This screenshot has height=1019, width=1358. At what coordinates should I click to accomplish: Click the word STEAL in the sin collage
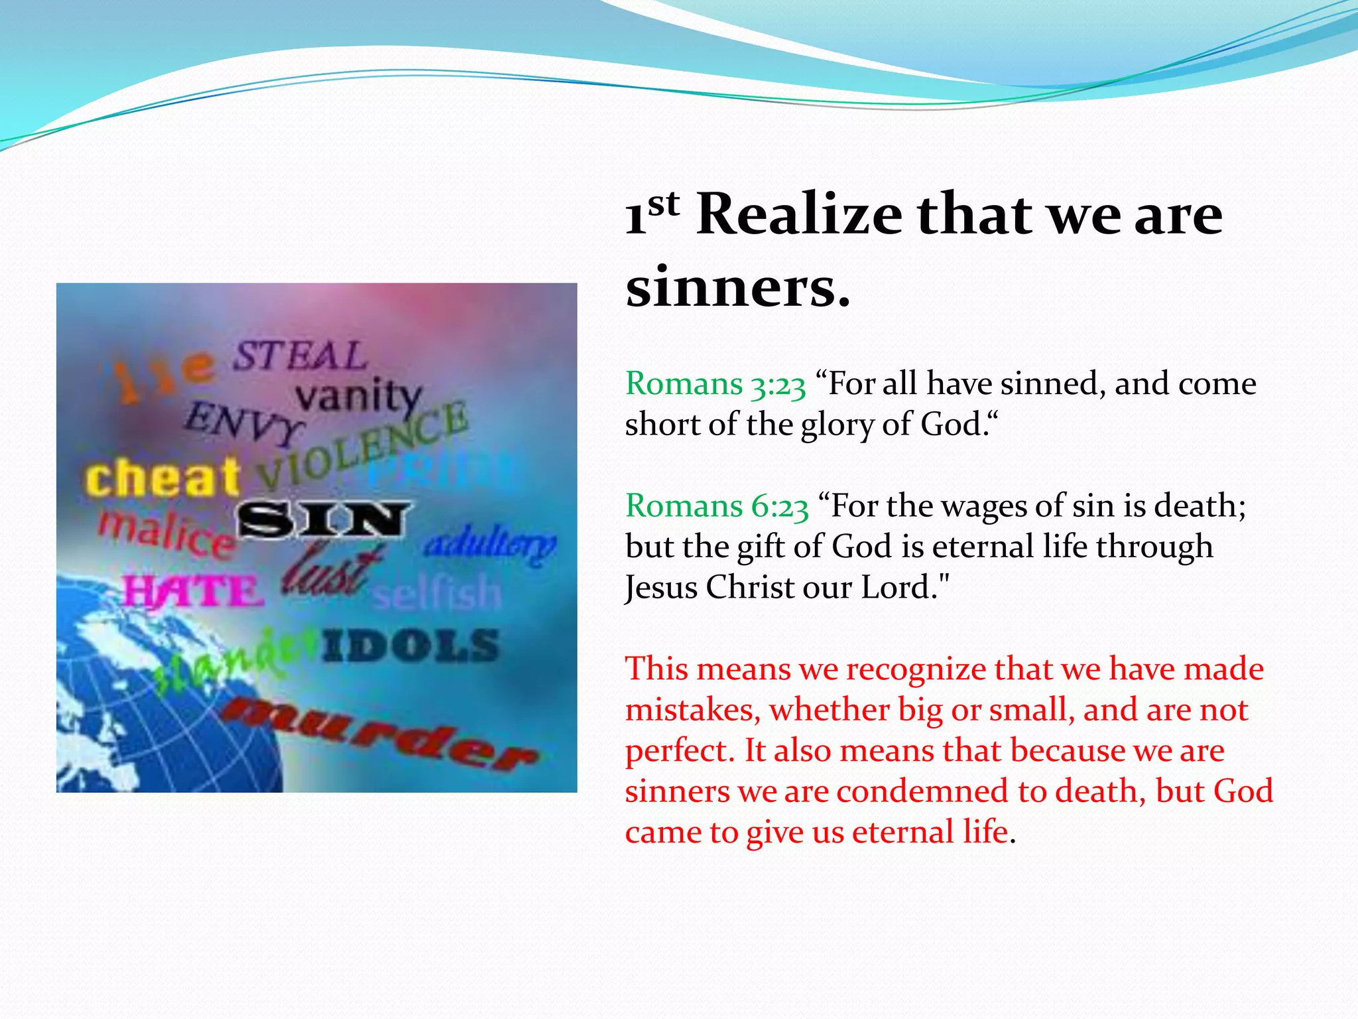(x=300, y=356)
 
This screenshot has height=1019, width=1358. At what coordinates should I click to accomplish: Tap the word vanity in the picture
(x=358, y=397)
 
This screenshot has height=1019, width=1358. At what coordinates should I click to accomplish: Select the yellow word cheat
(x=162, y=478)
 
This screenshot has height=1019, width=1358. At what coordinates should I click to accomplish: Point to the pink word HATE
(x=192, y=591)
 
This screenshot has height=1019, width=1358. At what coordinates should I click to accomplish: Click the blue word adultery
(x=489, y=546)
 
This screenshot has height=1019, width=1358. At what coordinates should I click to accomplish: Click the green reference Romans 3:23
(x=715, y=384)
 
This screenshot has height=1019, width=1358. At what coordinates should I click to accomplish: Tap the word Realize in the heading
(x=799, y=215)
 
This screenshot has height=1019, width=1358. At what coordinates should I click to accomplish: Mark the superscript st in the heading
(x=664, y=204)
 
